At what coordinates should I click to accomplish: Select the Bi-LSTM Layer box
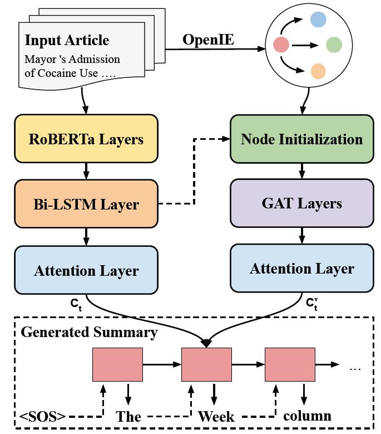click(86, 203)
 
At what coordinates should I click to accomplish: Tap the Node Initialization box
click(301, 138)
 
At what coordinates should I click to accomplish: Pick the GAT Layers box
click(301, 203)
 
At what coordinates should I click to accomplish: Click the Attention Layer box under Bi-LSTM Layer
click(86, 270)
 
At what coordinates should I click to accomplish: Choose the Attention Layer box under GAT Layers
click(301, 269)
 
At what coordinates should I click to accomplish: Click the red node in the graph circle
click(281, 43)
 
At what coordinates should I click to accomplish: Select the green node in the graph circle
click(334, 44)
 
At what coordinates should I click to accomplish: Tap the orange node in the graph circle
click(318, 71)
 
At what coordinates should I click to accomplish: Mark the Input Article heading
click(67, 41)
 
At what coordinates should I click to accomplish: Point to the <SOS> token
click(43, 416)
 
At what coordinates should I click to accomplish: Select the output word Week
click(216, 416)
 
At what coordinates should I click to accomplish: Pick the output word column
click(307, 416)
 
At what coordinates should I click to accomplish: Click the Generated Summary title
click(89, 333)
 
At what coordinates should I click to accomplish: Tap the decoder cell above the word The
click(117, 364)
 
